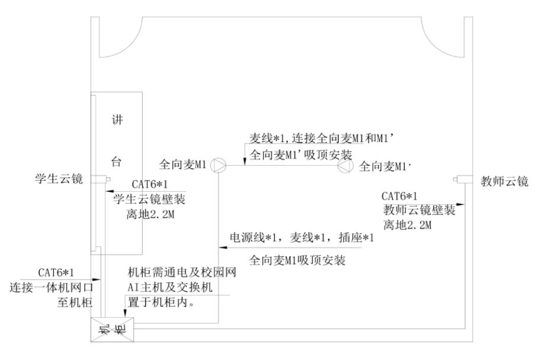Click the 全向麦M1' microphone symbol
345,166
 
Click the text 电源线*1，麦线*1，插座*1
302,238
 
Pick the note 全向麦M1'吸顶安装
301,155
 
